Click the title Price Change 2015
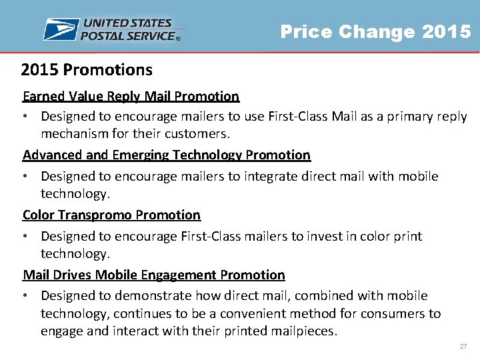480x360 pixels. [x=375, y=32]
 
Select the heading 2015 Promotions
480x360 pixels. [x=87, y=70]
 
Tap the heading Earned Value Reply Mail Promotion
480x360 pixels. [x=131, y=96]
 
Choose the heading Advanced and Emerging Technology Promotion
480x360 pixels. [x=167, y=155]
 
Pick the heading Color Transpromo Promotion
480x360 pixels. [x=111, y=215]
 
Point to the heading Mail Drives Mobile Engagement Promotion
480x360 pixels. [x=154, y=275]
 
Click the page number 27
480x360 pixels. [x=463, y=347]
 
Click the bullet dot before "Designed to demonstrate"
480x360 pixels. [x=26, y=296]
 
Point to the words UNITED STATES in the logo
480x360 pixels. [x=127, y=24]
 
